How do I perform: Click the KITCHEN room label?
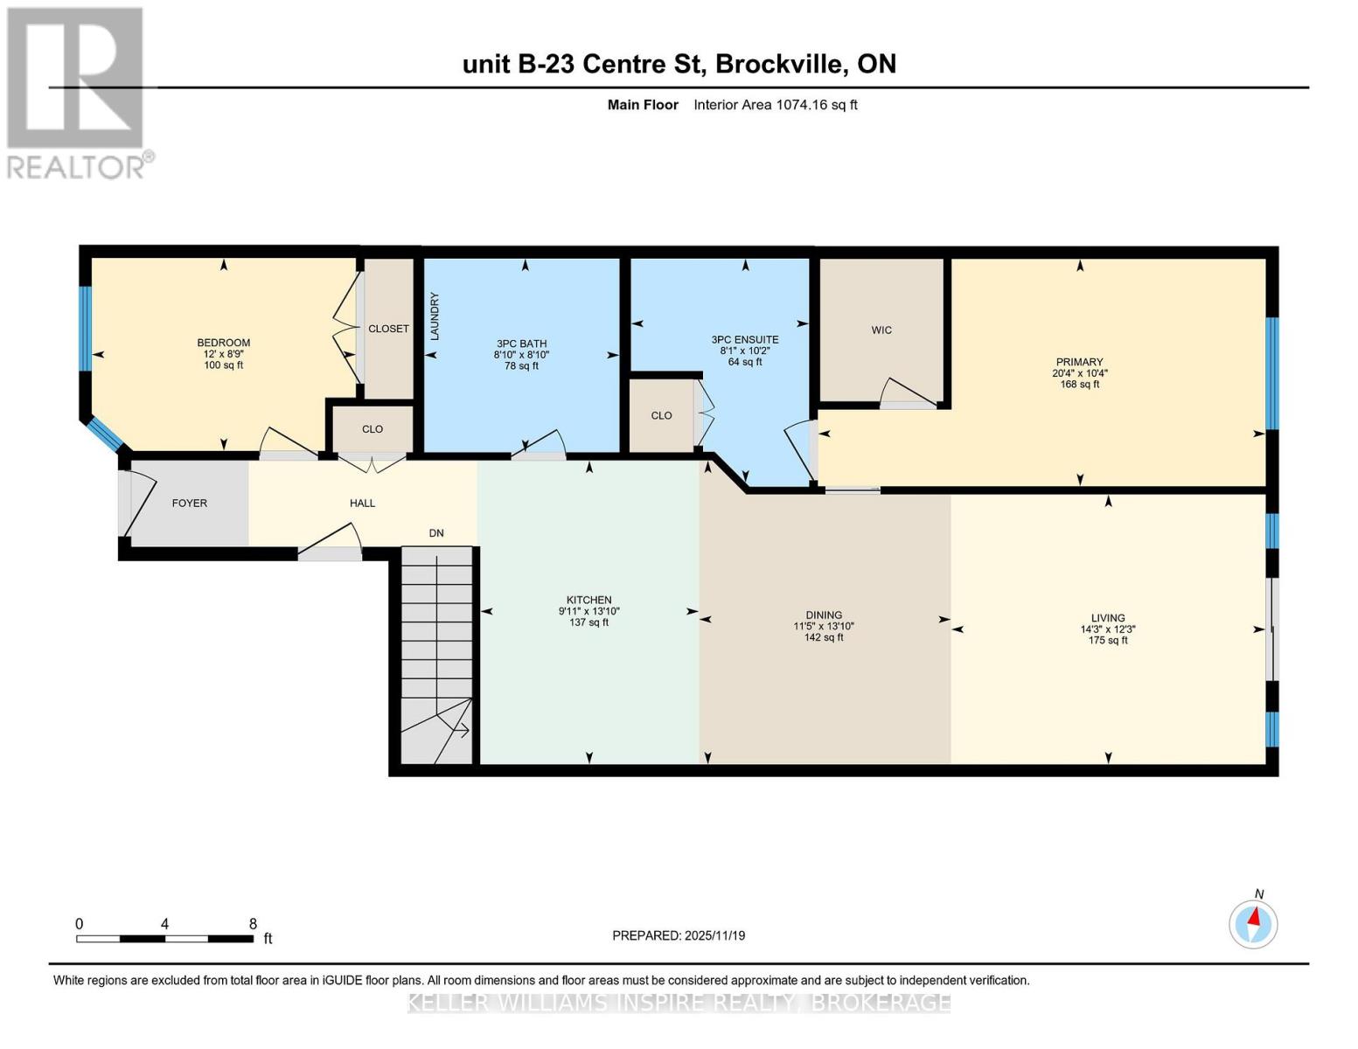588,600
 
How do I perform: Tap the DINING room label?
824,615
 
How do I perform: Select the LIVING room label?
1107,617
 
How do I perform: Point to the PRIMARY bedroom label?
1079,362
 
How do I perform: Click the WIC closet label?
881,330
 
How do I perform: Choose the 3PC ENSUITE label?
745,340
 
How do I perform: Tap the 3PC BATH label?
521,344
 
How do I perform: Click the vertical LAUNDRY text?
435,316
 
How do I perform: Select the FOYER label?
190,503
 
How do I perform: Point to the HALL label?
363,503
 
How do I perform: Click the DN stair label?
436,533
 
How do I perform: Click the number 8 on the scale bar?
253,923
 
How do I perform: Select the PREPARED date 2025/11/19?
714,935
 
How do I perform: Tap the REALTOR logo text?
75,168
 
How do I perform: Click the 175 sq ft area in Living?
1107,641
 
